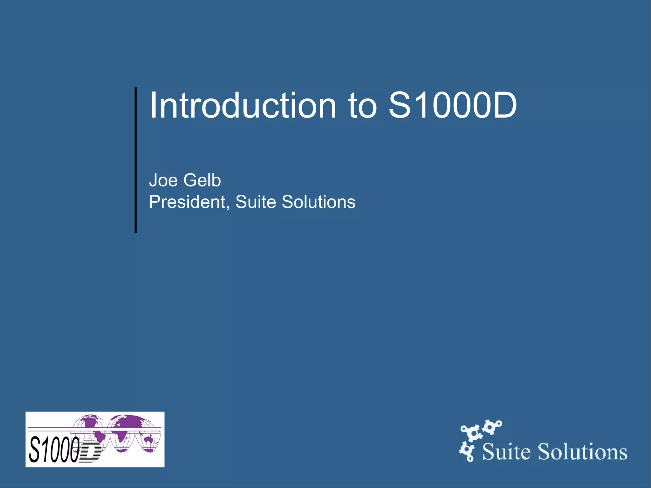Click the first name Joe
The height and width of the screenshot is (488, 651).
[163, 180]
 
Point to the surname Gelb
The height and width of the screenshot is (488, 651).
[202, 180]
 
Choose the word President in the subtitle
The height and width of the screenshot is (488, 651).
[187, 202]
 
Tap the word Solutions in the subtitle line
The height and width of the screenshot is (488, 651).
[319, 202]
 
